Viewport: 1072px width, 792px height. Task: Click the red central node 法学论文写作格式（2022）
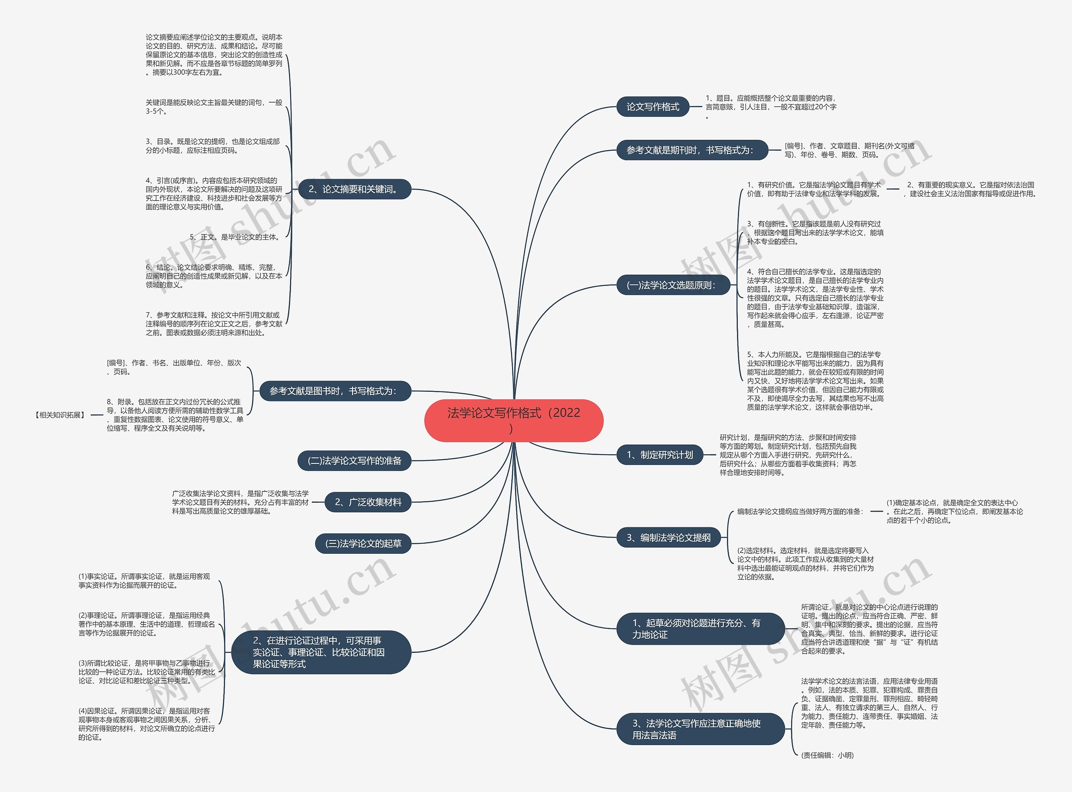[x=514, y=420]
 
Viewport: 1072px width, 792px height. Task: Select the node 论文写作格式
[x=652, y=107]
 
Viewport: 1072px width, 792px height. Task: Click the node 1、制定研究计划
[x=660, y=455]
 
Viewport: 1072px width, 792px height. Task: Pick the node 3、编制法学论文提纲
[x=669, y=538]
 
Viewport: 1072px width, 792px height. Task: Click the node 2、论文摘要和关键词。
[x=354, y=189]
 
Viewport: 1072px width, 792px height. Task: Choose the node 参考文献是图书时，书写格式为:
[x=335, y=391]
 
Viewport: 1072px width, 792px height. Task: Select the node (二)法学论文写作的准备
[x=354, y=461]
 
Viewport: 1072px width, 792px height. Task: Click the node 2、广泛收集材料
[x=368, y=502]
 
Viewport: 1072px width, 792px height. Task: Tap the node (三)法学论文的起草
[x=363, y=544]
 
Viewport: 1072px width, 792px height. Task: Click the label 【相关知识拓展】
[x=60, y=415]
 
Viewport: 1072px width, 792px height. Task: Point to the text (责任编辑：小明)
[x=827, y=756]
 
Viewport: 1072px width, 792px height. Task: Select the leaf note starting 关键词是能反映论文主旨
[x=214, y=107]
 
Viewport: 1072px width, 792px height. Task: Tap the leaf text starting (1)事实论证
[x=144, y=581]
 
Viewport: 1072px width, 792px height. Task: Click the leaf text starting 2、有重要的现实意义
[x=970, y=189]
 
